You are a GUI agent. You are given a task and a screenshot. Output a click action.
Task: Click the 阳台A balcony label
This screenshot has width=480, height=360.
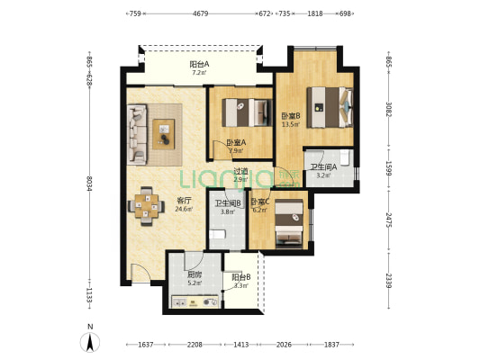200,65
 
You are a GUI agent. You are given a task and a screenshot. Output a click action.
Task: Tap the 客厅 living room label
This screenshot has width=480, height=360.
158,201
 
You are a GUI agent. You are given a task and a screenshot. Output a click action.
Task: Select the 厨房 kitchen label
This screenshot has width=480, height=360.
194,274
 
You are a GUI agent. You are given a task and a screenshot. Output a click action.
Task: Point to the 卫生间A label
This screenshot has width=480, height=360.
323,166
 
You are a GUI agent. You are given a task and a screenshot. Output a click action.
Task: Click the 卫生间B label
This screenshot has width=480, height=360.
227,203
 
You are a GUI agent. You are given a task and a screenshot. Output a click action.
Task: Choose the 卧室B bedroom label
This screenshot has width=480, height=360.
290,116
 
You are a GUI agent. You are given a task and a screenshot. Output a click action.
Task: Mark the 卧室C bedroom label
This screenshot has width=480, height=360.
260,202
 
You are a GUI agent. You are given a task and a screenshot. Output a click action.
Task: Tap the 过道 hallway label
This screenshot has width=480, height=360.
240,171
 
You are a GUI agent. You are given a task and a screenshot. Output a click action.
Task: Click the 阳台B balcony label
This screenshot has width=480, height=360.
240,277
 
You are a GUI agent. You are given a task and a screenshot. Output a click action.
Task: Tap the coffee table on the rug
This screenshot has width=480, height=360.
166,132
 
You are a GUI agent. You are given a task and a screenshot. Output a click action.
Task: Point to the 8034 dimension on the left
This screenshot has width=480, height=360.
89,183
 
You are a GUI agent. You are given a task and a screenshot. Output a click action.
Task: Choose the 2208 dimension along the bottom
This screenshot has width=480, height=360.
195,345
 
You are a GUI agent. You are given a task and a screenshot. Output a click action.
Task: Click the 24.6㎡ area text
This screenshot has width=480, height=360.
158,209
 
